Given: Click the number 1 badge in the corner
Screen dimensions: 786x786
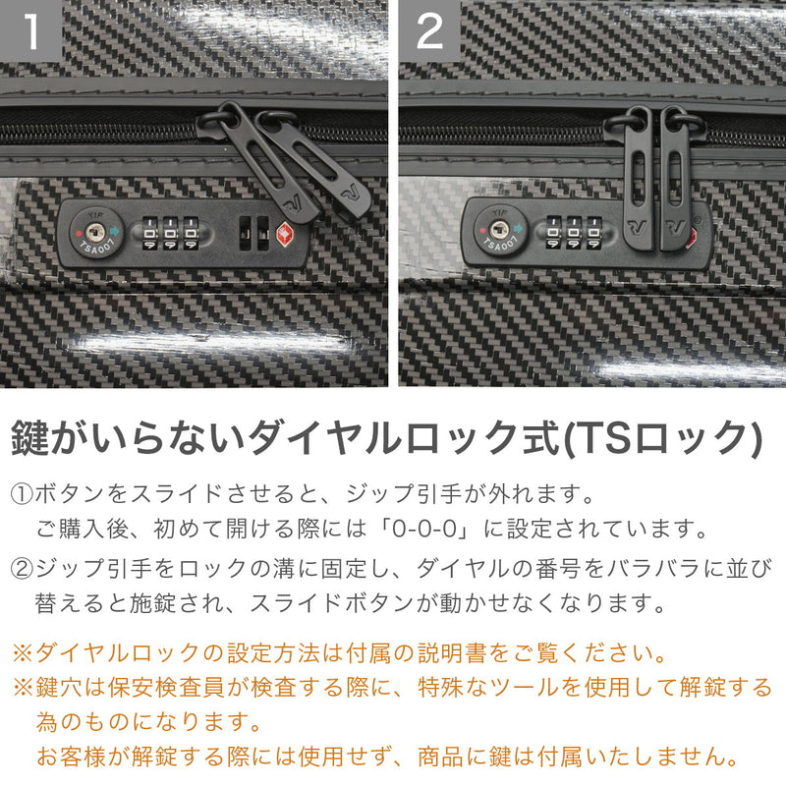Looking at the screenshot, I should pyautogui.click(x=31, y=31).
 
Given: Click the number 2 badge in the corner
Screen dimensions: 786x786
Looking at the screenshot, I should pyautogui.click(x=429, y=31).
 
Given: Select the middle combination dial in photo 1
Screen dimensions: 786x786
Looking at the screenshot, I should pyautogui.click(x=170, y=234).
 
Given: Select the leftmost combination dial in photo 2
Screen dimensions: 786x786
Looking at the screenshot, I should pyautogui.click(x=553, y=234).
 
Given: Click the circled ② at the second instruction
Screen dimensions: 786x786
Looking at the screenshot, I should pyautogui.click(x=22, y=568).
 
